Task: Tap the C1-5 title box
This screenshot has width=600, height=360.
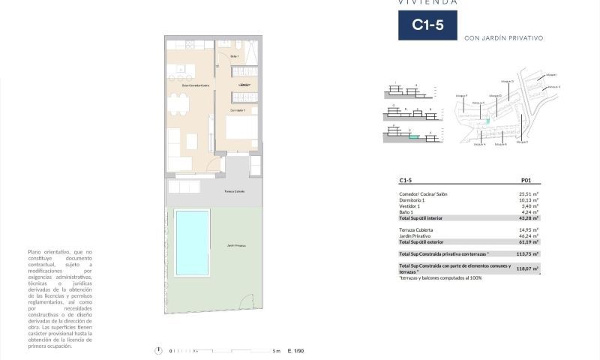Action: (427, 25)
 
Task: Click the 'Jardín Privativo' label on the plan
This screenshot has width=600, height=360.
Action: (236, 245)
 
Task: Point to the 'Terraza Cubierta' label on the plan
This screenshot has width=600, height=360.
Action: (235, 192)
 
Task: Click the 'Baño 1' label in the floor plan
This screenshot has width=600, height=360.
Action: (234, 57)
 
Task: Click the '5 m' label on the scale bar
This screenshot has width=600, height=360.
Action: (276, 351)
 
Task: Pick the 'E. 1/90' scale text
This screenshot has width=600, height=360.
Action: (297, 351)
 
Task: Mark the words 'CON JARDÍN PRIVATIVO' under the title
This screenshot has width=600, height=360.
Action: (503, 37)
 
